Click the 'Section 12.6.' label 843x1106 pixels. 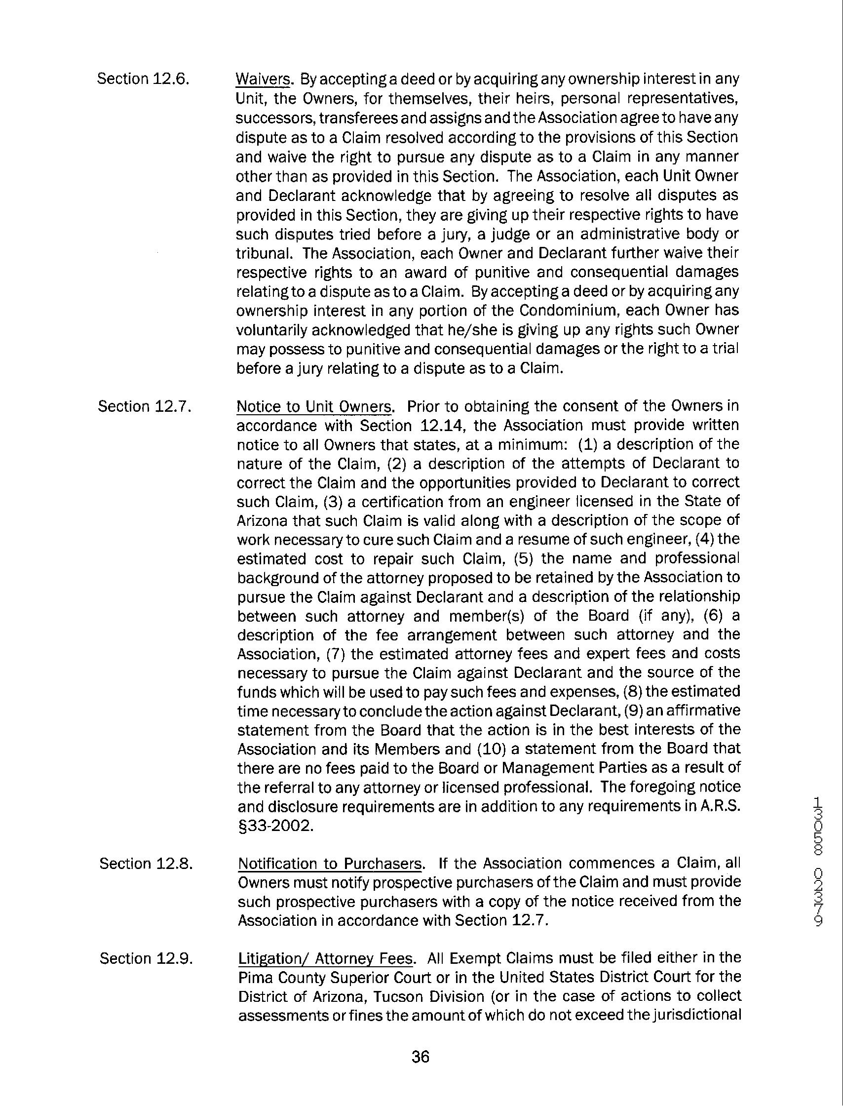coord(143,79)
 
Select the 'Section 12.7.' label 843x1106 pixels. coord(145,406)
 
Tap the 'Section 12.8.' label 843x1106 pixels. coord(146,863)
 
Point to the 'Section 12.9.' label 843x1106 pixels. coord(146,958)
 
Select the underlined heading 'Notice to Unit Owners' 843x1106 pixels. coord(314,406)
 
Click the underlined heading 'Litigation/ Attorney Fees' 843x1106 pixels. coord(326,958)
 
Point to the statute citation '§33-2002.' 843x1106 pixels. coord(275,826)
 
